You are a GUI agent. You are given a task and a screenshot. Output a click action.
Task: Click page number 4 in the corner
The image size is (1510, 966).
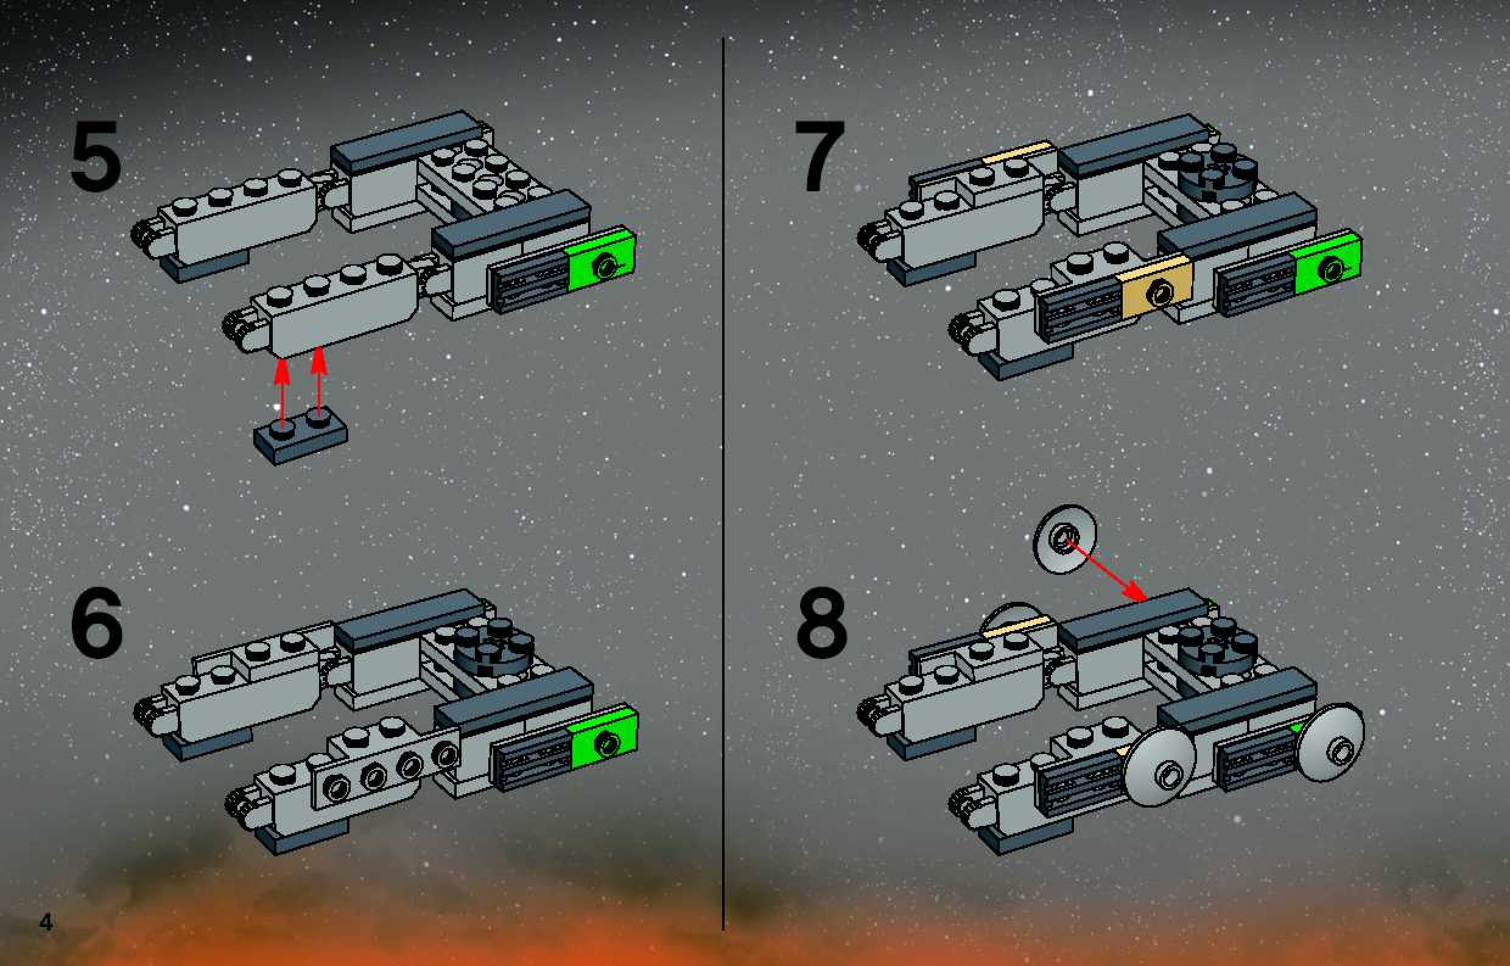(x=46, y=923)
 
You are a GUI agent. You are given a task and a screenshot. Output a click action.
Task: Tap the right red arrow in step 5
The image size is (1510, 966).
(x=320, y=382)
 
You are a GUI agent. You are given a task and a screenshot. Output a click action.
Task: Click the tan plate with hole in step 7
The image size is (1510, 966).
(x=1155, y=288)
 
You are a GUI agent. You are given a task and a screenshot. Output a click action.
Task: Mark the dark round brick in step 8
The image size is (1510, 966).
(x=1218, y=647)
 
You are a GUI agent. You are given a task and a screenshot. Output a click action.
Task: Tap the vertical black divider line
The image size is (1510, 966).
(x=725, y=483)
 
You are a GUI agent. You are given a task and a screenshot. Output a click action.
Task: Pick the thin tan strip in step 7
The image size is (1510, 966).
(x=1016, y=152)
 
